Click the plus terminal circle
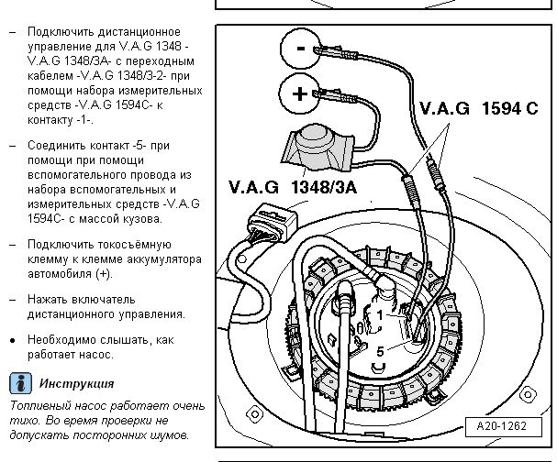299,94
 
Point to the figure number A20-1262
504,426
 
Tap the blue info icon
18,383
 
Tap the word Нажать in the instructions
50,299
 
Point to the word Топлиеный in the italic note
37,405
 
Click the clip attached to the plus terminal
335,95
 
